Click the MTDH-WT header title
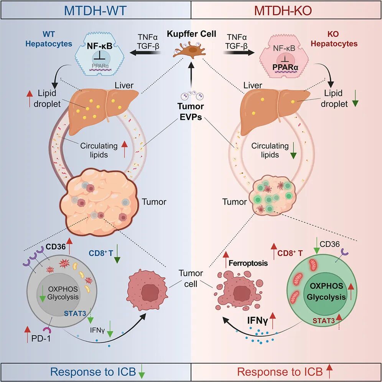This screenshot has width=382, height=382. tap(95, 10)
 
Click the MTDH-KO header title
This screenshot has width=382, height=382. tap(283, 10)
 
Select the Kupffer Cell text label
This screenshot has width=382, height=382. tap(191, 34)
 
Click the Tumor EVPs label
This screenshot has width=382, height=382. tap(191, 112)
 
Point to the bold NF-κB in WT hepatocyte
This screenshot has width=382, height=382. tap(100, 46)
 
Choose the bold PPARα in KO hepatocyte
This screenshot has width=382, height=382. tap(285, 67)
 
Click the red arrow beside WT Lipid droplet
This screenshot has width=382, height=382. tap(30, 98)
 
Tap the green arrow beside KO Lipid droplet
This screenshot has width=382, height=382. tap(355, 98)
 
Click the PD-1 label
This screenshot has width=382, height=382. tap(41, 338)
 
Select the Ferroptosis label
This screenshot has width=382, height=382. tap(248, 263)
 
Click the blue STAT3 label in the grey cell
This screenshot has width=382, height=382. tap(75, 313)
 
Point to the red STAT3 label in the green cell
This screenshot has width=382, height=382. tap(324, 321)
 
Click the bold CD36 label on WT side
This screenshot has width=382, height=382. tap(56, 247)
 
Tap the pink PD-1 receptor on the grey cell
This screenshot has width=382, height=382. tap(47, 330)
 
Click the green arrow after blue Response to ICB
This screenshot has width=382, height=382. tap(142, 371)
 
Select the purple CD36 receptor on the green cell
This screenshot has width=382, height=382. tap(344, 252)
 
